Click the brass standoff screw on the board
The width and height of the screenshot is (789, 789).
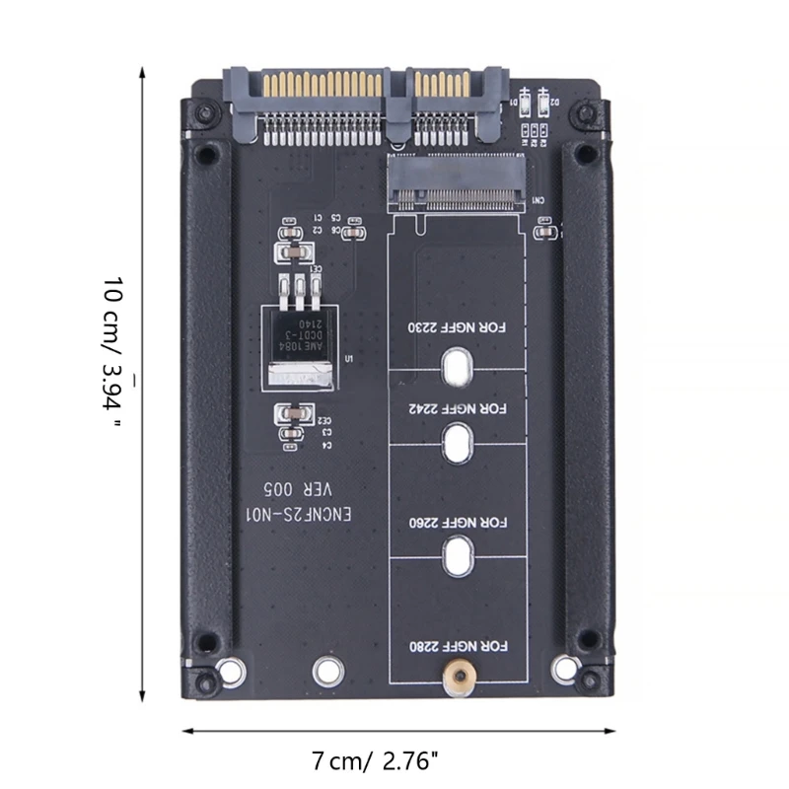click(x=457, y=676)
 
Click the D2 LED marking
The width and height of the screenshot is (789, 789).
click(x=555, y=102)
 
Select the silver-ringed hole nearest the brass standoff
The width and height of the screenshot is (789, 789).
click(x=325, y=672)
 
